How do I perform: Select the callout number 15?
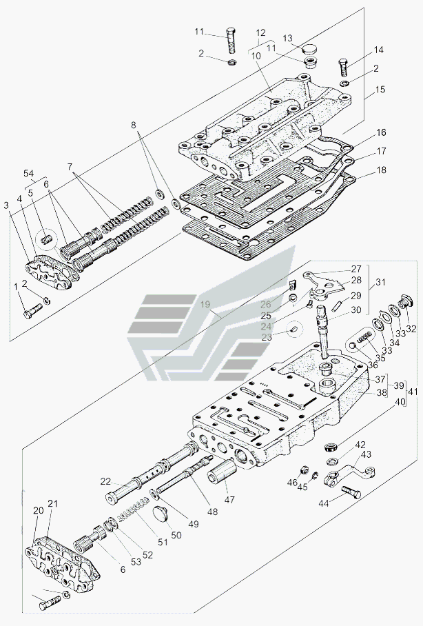380,90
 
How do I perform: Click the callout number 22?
105,482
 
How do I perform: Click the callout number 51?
162,542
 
